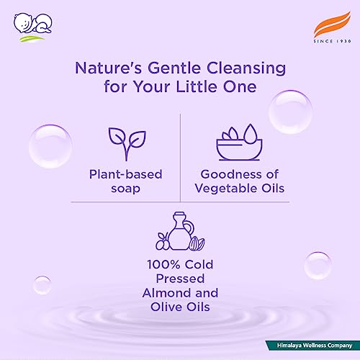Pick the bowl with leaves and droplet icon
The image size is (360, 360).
(x=237, y=141)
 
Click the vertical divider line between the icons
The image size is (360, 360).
(x=180, y=154)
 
